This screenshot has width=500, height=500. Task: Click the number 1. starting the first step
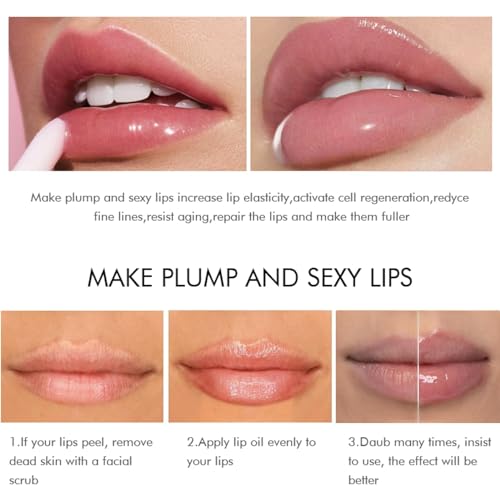16,442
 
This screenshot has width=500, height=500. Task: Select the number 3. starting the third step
353,442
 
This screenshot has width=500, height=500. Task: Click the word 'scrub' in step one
30,480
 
